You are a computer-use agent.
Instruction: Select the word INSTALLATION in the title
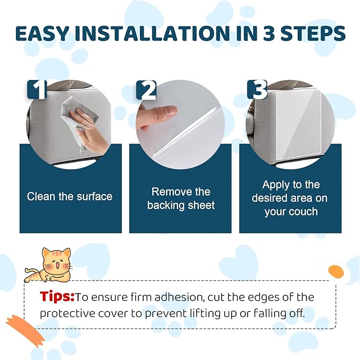[149, 33]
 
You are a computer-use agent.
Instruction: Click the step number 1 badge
[37, 90]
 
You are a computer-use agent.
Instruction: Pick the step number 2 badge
[147, 90]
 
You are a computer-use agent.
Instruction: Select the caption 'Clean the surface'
[70, 196]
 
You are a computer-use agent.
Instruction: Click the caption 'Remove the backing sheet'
[181, 198]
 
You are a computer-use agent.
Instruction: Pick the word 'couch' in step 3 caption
[303, 212]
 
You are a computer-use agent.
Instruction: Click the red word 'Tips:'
[58, 296]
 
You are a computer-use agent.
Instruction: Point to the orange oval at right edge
[336, 271]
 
